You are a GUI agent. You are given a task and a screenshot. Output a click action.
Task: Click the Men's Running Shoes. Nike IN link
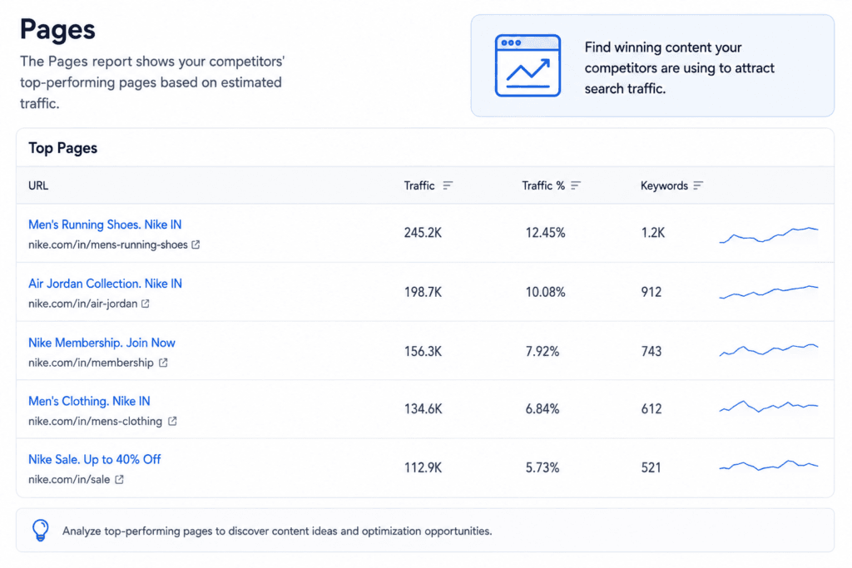tap(105, 225)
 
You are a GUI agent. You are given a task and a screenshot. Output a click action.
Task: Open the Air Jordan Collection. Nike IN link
tap(105, 284)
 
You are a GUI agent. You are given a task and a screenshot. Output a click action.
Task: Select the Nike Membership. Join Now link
tap(102, 343)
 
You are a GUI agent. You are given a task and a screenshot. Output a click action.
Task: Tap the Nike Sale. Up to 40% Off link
tap(95, 459)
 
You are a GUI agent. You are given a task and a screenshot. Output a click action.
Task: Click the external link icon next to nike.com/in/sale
tap(119, 480)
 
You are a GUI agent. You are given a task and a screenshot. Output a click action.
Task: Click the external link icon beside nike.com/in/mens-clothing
tap(172, 421)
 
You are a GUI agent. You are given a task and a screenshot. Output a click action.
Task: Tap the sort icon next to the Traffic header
tap(447, 185)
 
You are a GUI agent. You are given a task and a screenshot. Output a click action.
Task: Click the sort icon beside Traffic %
tap(576, 185)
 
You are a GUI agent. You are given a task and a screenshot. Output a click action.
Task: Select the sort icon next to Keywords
tap(698, 185)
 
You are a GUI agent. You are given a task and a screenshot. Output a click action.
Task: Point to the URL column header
tap(38, 185)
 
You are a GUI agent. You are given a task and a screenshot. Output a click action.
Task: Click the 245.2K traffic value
tap(423, 233)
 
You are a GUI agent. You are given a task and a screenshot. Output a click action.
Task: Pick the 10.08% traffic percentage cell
tap(545, 292)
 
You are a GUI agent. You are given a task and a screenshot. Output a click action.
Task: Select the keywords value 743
tap(651, 351)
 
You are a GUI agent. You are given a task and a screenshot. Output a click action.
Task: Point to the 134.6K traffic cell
tap(423, 409)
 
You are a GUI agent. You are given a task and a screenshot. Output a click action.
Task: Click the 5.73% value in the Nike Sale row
tap(542, 467)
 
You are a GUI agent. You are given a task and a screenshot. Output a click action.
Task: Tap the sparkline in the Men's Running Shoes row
tap(768, 235)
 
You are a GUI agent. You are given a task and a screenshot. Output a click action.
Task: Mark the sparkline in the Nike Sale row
tap(768, 466)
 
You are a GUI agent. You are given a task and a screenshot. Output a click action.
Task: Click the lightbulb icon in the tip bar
tap(40, 530)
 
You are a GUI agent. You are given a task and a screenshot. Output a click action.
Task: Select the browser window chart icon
tap(528, 66)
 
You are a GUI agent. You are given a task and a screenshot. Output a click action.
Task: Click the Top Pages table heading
tap(62, 148)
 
